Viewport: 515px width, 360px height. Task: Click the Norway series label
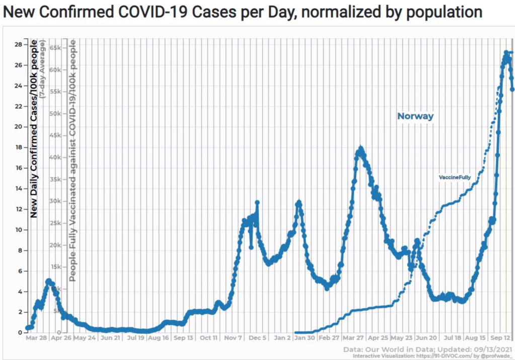(x=415, y=116)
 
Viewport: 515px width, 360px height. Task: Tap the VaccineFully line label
(x=455, y=178)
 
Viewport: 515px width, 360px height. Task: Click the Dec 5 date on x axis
(x=258, y=338)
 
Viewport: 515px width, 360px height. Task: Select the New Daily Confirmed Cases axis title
(x=34, y=128)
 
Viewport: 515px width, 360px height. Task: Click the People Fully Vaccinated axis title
(x=72, y=161)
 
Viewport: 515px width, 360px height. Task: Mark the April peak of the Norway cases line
(x=360, y=149)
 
